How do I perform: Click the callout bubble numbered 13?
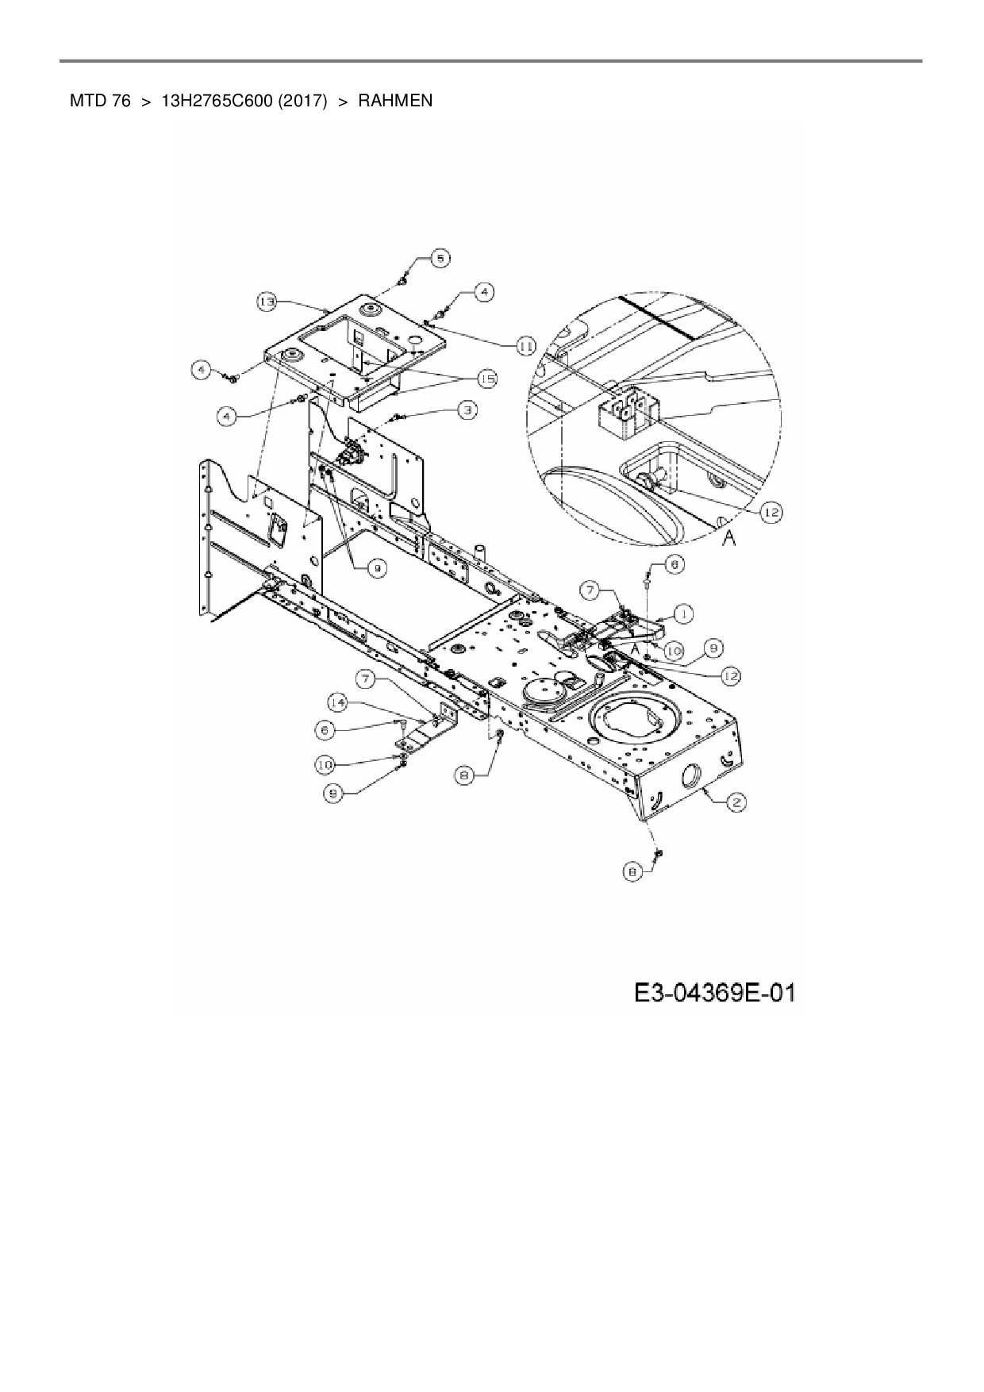(x=267, y=301)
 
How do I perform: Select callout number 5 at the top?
(x=440, y=257)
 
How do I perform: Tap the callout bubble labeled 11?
(x=525, y=345)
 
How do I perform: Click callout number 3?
(x=468, y=409)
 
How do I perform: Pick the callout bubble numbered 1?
(x=683, y=613)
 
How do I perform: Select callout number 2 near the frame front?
(x=736, y=802)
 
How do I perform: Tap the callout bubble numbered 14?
(x=338, y=702)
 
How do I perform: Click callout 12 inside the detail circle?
(x=771, y=513)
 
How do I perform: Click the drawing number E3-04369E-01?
(x=714, y=992)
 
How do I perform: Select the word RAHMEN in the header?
(x=395, y=101)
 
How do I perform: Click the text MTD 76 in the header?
(x=100, y=101)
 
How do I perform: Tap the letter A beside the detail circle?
(x=729, y=539)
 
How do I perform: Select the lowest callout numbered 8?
(x=632, y=872)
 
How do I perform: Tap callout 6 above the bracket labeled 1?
(x=673, y=564)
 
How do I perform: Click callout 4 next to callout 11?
(x=484, y=292)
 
